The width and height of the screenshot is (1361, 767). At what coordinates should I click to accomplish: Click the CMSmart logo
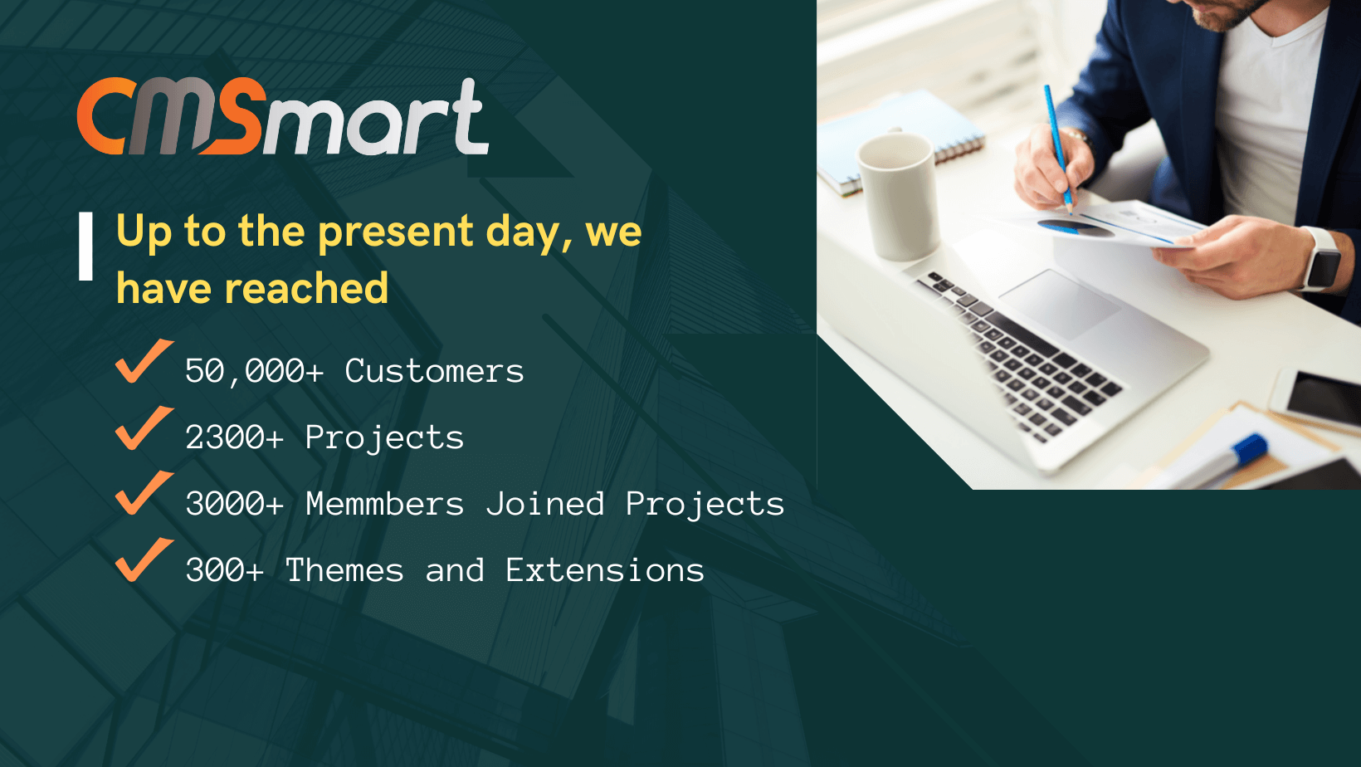tap(283, 116)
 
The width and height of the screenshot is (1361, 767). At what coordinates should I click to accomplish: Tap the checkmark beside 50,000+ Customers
tap(144, 362)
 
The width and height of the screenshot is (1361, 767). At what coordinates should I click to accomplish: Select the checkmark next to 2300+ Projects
tap(144, 428)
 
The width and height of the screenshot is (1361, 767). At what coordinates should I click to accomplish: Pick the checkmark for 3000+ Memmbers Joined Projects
tap(144, 494)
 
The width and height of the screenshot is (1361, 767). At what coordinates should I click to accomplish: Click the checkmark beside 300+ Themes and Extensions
tap(144, 560)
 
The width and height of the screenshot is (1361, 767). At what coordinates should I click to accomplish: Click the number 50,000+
tap(255, 371)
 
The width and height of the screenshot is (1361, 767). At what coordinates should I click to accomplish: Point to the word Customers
tap(434, 371)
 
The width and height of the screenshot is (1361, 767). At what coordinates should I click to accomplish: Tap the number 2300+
tap(235, 437)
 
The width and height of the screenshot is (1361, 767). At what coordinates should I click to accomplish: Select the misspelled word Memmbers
tap(384, 504)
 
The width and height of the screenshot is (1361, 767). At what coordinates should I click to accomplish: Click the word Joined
tap(545, 504)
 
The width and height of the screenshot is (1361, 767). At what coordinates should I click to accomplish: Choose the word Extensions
tap(605, 570)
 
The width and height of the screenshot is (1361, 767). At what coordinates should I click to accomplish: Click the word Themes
tap(344, 570)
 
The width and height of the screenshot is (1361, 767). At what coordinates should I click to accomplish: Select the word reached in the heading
tap(306, 288)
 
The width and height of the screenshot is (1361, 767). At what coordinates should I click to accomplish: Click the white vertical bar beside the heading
tap(85, 247)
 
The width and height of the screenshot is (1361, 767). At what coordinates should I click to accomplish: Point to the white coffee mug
tap(897, 196)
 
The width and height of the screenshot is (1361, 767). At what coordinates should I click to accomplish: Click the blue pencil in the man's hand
tap(1058, 148)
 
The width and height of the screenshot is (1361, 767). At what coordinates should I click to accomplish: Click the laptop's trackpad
tap(1061, 304)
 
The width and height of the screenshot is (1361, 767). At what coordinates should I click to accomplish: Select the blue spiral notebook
tap(900, 142)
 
